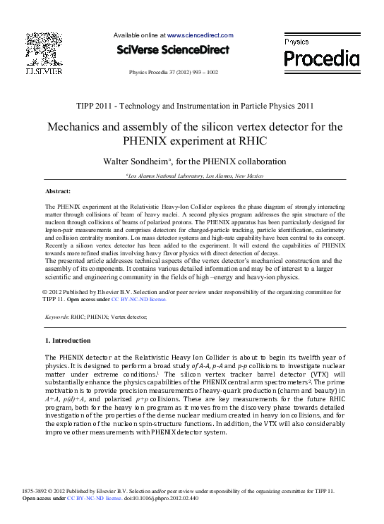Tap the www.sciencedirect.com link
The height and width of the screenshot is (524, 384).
click(x=200, y=35)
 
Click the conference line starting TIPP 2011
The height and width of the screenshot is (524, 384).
click(x=193, y=106)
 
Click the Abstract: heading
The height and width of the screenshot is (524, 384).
click(x=58, y=192)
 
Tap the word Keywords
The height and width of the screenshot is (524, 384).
click(x=56, y=318)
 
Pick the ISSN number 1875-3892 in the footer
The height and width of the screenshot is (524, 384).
click(x=37, y=490)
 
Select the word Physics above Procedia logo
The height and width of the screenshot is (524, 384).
click(x=296, y=42)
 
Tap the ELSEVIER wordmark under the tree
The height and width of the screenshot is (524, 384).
click(x=44, y=71)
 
